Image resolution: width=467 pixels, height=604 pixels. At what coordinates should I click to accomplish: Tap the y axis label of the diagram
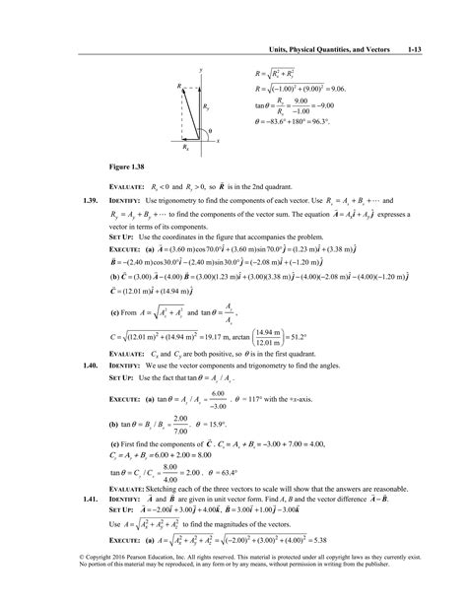point(201,70)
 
